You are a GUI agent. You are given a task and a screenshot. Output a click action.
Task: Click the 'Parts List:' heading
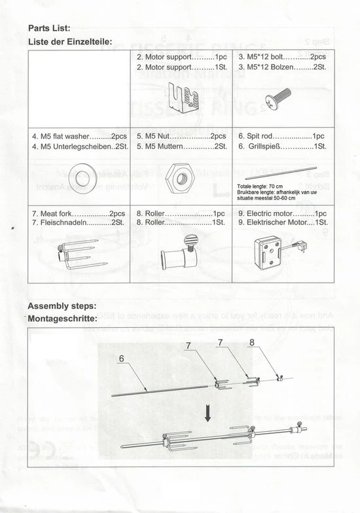tap(49, 28)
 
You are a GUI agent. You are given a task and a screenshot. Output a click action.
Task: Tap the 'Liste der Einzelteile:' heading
tap(65, 41)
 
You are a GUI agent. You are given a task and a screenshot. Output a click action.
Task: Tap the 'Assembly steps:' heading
tap(62, 306)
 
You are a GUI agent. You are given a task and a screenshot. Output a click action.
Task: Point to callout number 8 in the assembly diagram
tap(252, 342)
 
